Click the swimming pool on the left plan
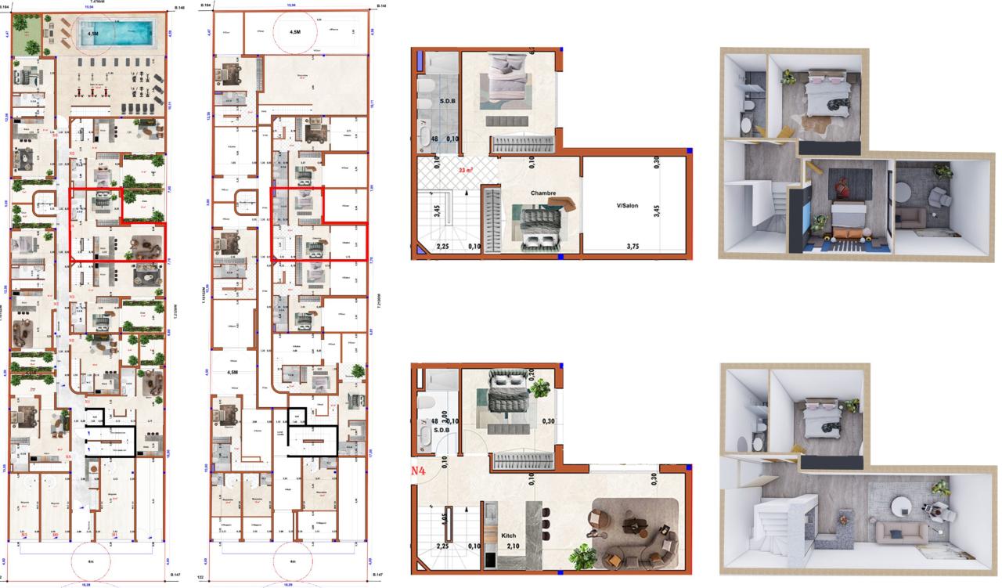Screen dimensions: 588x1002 coord(116,33)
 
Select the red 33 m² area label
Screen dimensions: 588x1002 coord(467,170)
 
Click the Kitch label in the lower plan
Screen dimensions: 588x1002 coord(510,536)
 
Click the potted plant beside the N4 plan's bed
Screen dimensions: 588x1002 coord(539,388)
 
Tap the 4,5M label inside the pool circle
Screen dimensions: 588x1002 coord(92,34)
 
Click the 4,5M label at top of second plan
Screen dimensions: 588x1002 coord(295,33)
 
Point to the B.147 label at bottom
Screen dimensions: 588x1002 coord(174,575)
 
